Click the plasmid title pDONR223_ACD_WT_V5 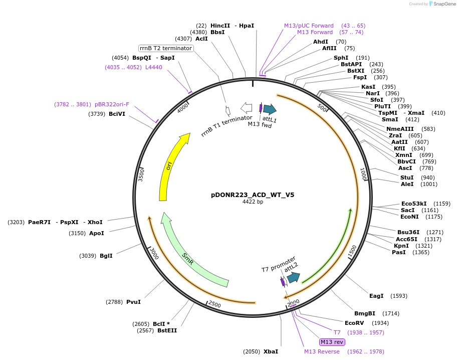(x=253, y=195)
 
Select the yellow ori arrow (x=169, y=165)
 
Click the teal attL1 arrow (x=270, y=109)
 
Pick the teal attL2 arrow (x=293, y=277)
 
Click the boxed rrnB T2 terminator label (x=166, y=48)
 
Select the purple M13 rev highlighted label (x=332, y=342)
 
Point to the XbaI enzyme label (x=271, y=351)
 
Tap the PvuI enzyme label (x=133, y=302)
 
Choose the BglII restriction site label (x=106, y=256)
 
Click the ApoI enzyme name (x=97, y=233)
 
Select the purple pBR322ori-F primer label (x=112, y=104)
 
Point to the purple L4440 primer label (x=154, y=67)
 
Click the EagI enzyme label (x=376, y=296)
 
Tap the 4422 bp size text (x=253, y=202)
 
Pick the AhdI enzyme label (x=321, y=42)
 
